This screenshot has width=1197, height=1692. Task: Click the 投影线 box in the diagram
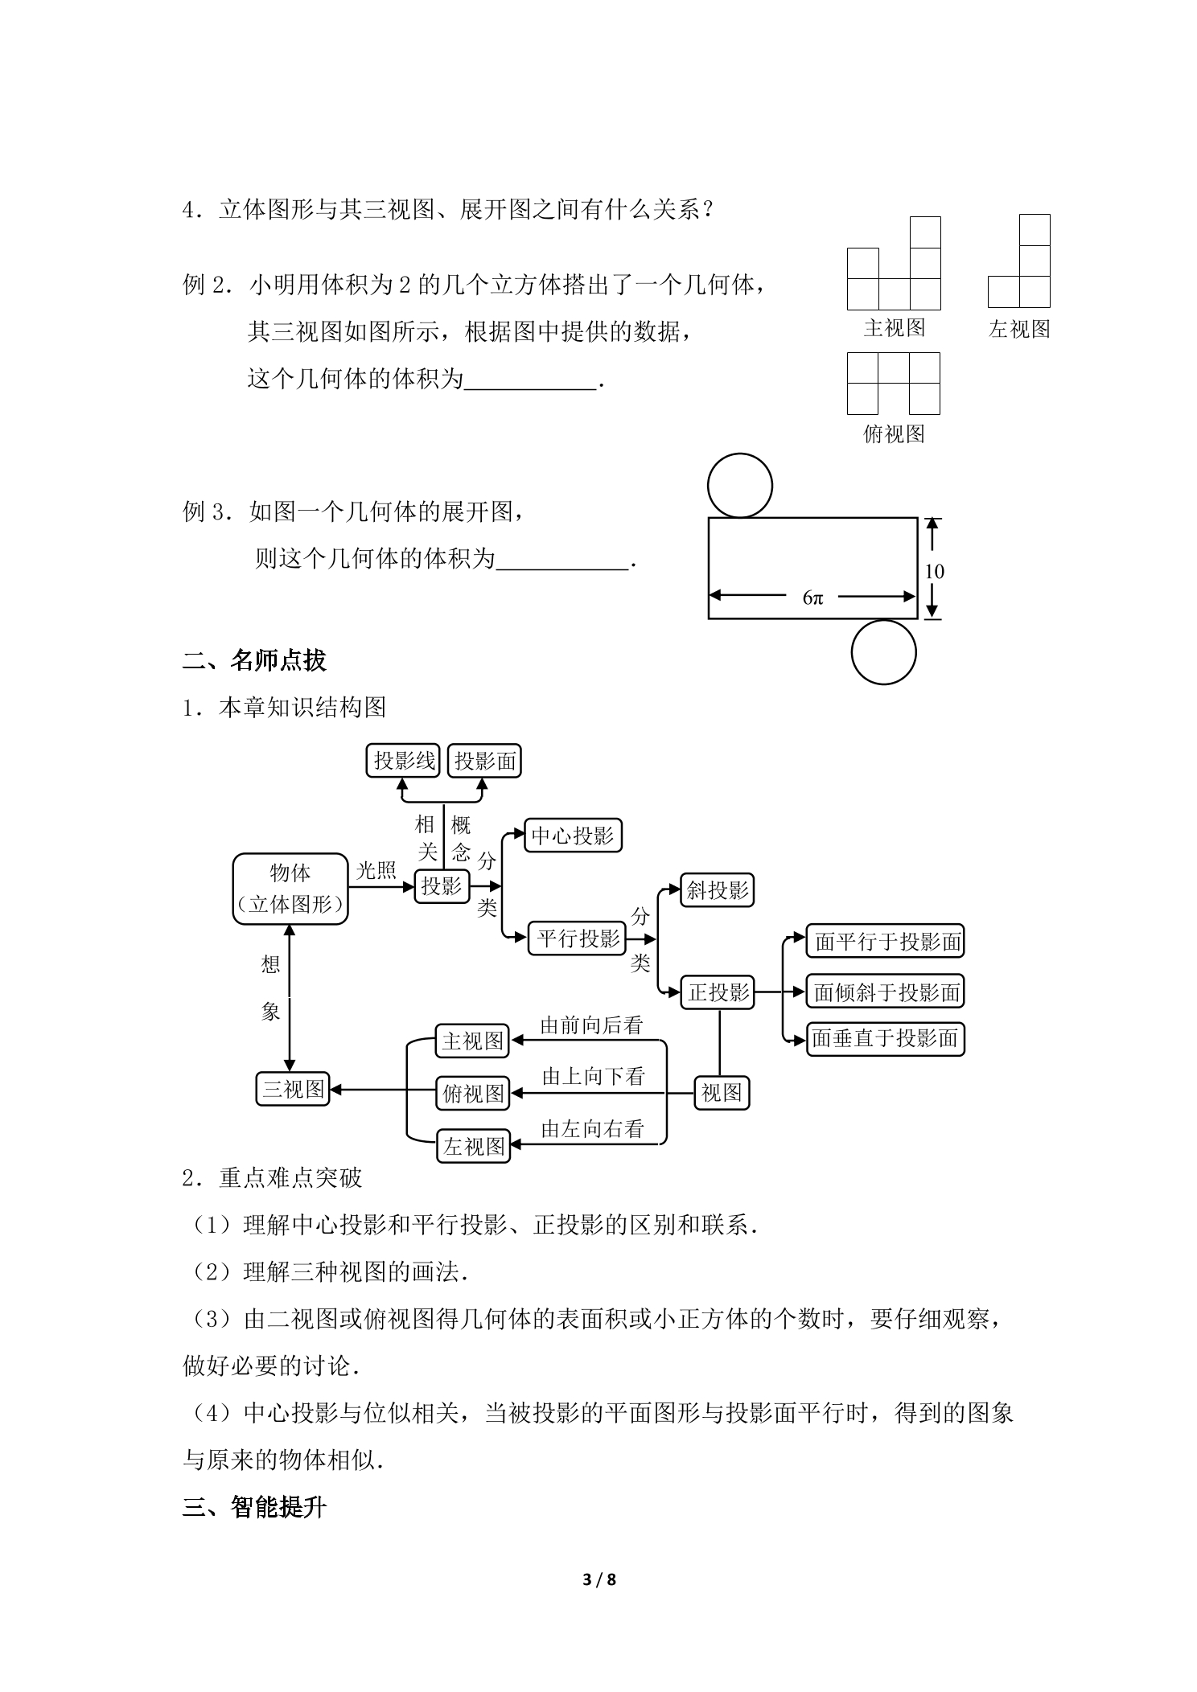pyautogui.click(x=403, y=761)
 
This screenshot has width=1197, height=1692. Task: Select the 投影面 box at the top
pyautogui.click(x=484, y=761)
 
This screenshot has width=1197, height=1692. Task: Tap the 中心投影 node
pyautogui.click(x=573, y=836)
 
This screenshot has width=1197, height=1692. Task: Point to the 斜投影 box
pyautogui.click(x=717, y=890)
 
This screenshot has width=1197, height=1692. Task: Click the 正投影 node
pyautogui.click(x=718, y=992)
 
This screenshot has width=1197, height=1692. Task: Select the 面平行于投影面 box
pyautogui.click(x=885, y=941)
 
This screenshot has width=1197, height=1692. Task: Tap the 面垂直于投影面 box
pyautogui.click(x=885, y=1039)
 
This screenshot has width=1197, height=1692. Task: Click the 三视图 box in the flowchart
pyautogui.click(x=293, y=1090)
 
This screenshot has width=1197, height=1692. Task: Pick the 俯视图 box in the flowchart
pyautogui.click(x=473, y=1094)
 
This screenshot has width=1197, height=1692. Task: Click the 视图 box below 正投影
pyautogui.click(x=722, y=1093)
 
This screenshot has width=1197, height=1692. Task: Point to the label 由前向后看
pyautogui.click(x=592, y=1025)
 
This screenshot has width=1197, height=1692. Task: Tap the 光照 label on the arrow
pyautogui.click(x=376, y=870)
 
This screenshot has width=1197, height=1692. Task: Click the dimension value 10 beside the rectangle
pyautogui.click(x=934, y=572)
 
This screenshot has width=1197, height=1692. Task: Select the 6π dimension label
pyautogui.click(x=812, y=598)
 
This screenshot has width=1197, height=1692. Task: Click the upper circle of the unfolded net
pyautogui.click(x=740, y=486)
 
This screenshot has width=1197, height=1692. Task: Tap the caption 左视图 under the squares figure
pyautogui.click(x=1019, y=329)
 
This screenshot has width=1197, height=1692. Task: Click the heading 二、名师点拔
pyautogui.click(x=254, y=660)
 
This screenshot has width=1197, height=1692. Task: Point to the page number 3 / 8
pyautogui.click(x=599, y=1579)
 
